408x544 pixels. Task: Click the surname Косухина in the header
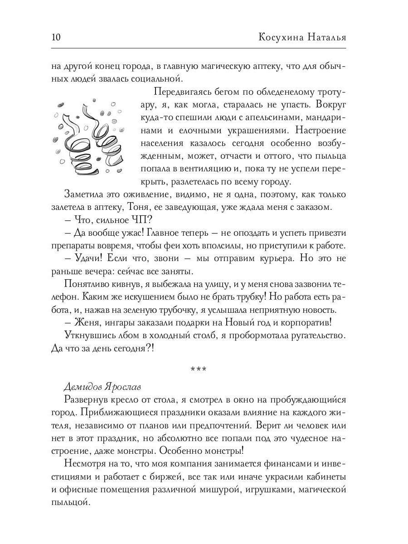pos(281,37)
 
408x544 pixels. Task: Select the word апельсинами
pos(254,117)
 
